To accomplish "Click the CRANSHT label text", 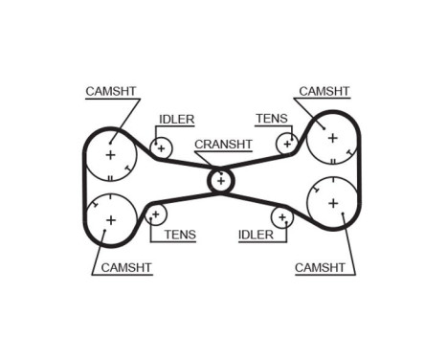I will click(x=223, y=145).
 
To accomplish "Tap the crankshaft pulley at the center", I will click(x=221, y=179).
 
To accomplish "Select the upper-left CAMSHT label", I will click(x=111, y=91).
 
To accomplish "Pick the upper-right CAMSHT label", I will click(x=324, y=91).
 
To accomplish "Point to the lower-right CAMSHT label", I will click(x=322, y=267).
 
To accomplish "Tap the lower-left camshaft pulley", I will click(x=110, y=220).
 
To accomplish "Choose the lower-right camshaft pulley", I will click(x=333, y=203).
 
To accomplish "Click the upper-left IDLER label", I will click(x=176, y=120).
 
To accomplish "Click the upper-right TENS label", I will click(x=271, y=119).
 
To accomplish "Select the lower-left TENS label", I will click(x=179, y=234).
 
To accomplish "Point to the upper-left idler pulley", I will click(x=161, y=147).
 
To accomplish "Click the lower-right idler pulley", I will click(x=282, y=216).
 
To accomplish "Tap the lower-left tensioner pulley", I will click(x=156, y=214).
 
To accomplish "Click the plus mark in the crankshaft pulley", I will click(x=221, y=179).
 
